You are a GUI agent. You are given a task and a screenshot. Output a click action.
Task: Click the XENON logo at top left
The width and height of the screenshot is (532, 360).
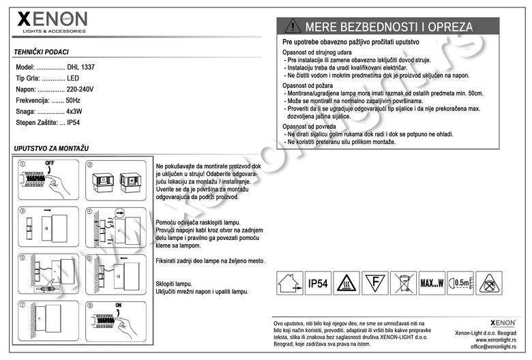[x=52, y=21]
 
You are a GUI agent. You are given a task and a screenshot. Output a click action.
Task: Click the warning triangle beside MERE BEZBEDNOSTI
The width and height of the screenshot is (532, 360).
[x=293, y=27]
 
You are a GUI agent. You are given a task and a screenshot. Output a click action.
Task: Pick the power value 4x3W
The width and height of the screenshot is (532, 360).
[x=74, y=111]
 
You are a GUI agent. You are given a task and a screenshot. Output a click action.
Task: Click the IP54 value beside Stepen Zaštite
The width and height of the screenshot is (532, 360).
[x=74, y=122]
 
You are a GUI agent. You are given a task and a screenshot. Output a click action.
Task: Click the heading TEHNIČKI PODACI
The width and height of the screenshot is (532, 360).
[x=41, y=52]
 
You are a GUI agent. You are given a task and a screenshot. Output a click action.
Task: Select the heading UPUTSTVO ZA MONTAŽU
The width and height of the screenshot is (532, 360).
[x=51, y=148]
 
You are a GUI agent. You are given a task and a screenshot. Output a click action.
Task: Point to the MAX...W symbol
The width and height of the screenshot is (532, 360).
[x=432, y=283]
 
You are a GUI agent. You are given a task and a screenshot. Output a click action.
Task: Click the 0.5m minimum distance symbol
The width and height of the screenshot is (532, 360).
[x=461, y=283]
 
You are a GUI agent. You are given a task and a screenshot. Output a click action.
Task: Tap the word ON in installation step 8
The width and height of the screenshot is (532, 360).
[x=118, y=305]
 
